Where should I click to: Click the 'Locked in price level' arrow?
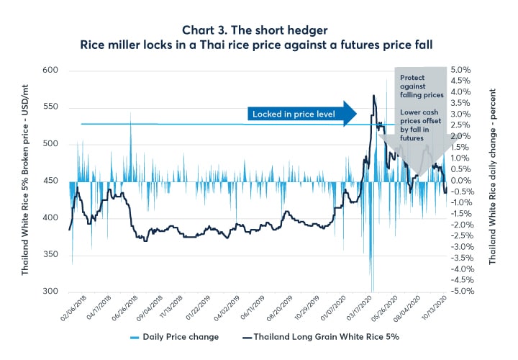pos(302,114)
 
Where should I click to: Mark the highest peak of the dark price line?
pos(373,95)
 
